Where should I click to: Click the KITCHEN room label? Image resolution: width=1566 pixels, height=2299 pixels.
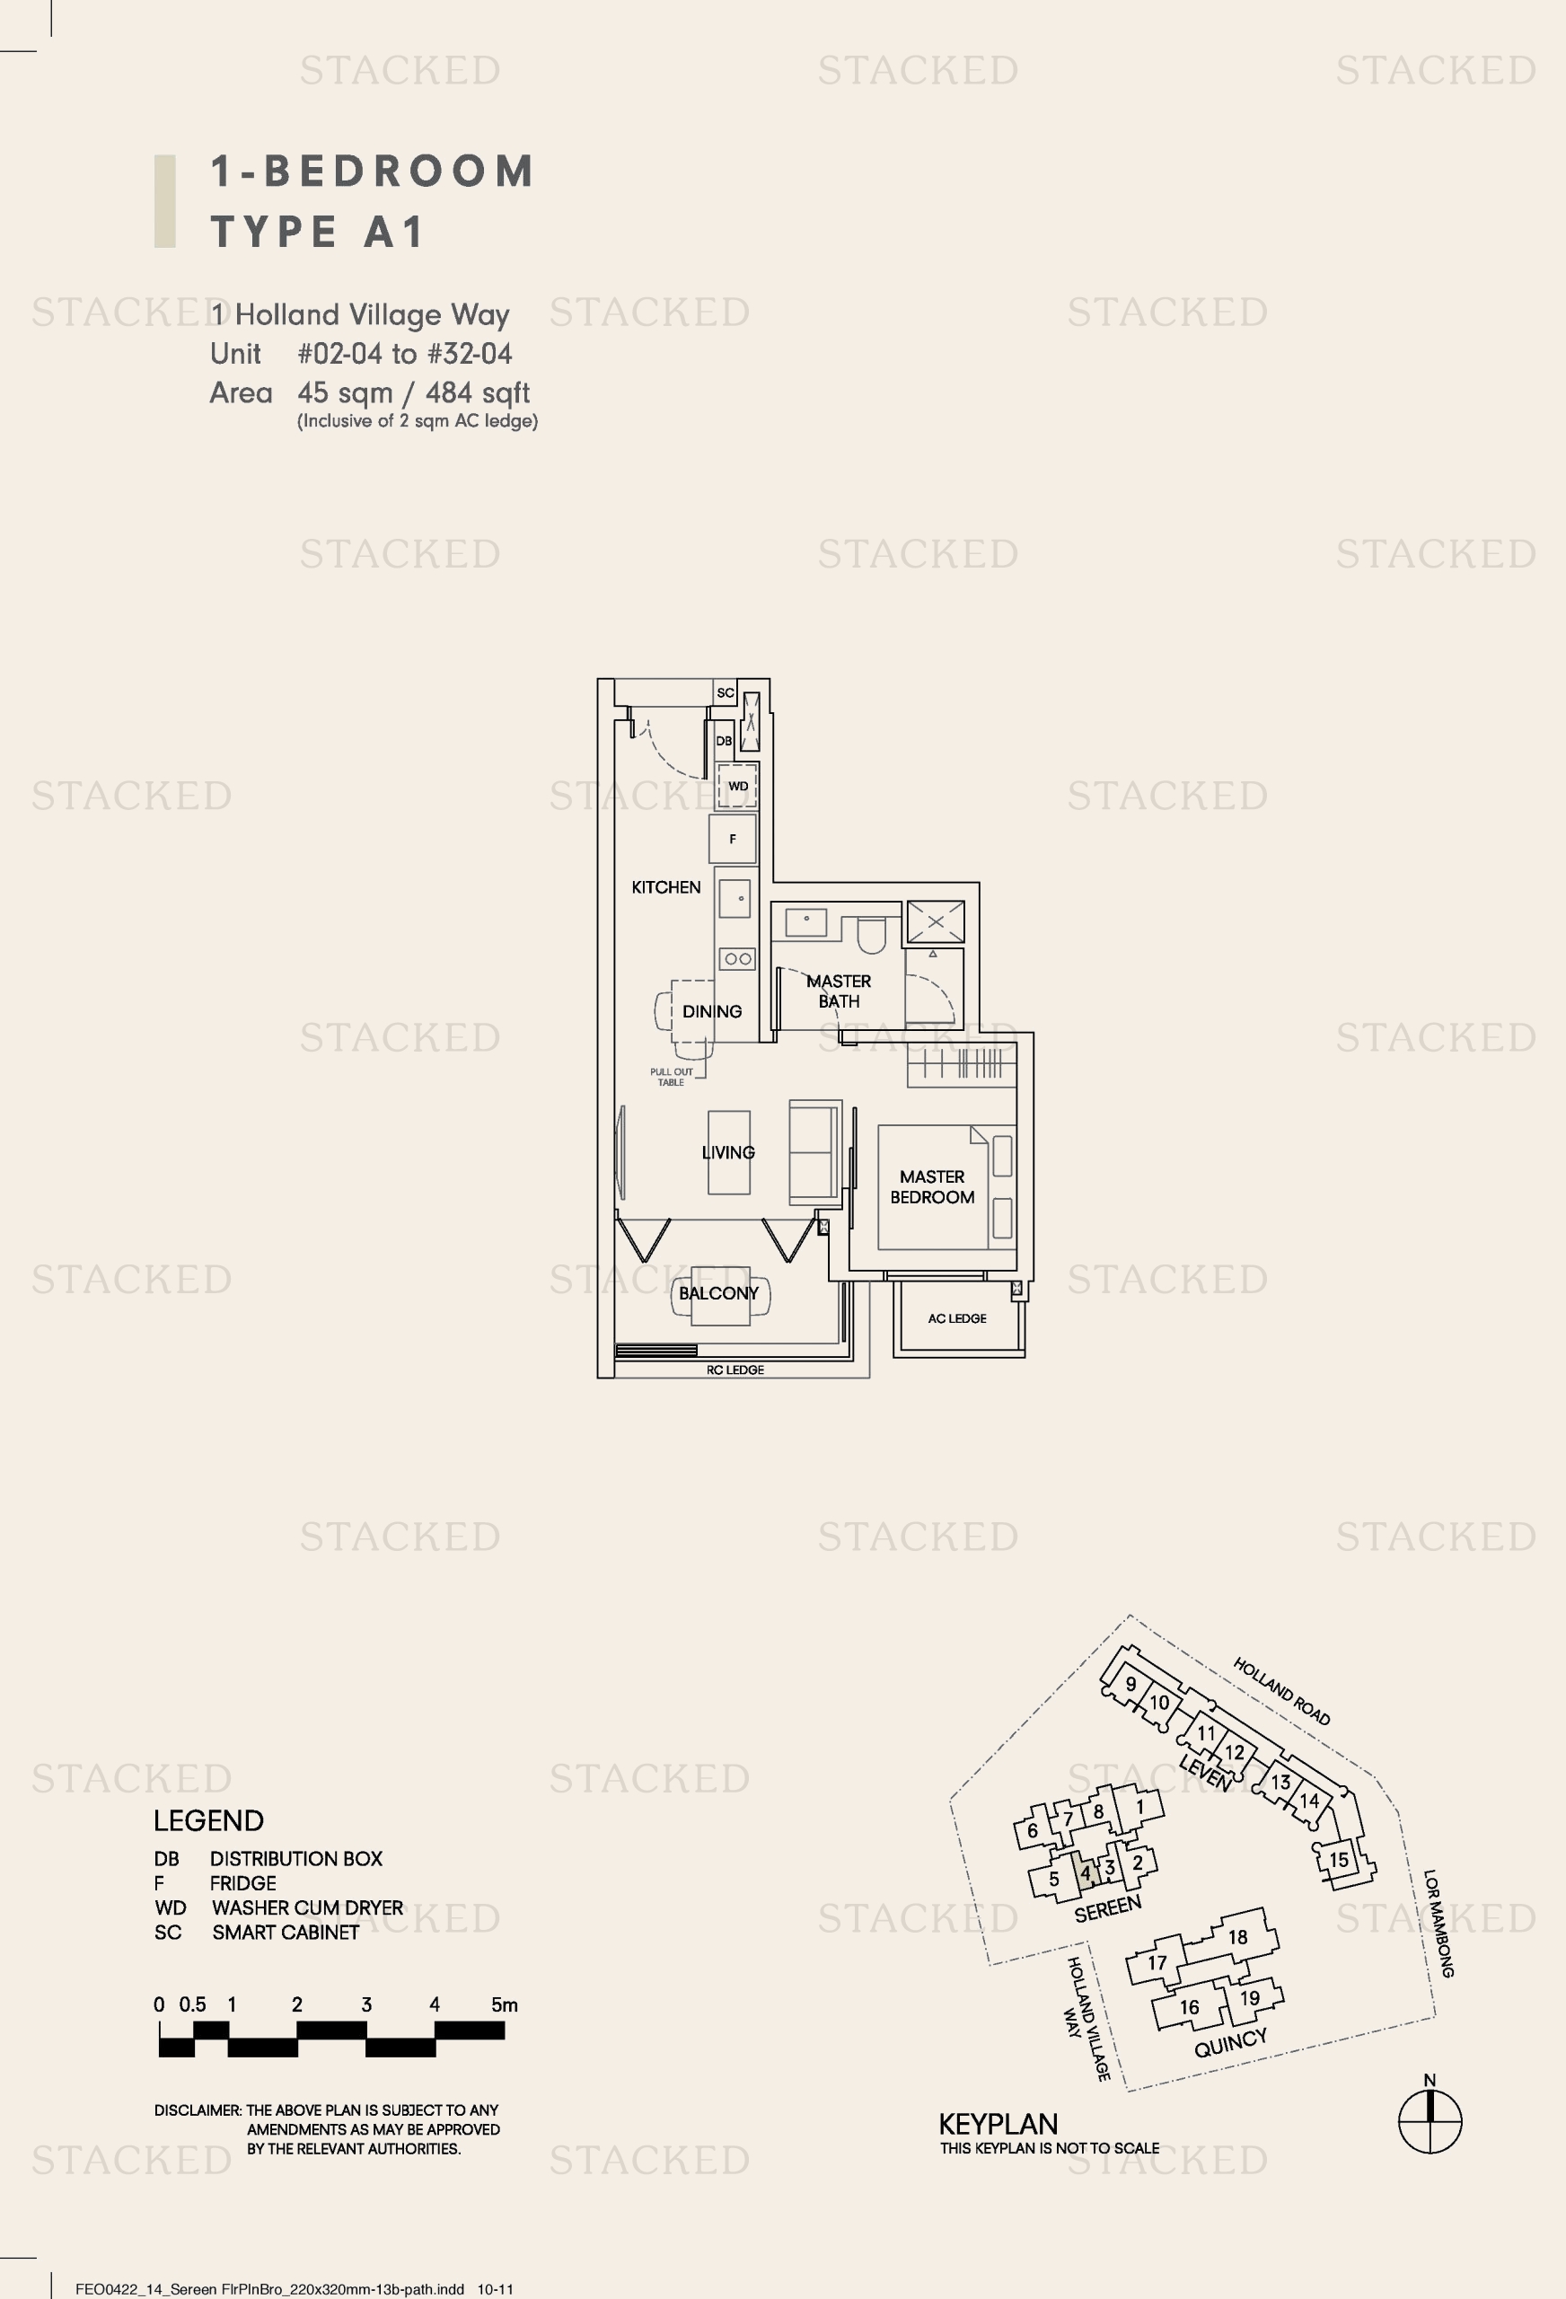click(x=665, y=887)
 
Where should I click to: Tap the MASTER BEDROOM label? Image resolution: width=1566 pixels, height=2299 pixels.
click(x=932, y=1186)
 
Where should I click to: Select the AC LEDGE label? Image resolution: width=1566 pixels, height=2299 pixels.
click(x=956, y=1318)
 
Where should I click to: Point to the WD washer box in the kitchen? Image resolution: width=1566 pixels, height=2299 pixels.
click(x=738, y=787)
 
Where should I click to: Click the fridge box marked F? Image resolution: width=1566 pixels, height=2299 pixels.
click(x=733, y=839)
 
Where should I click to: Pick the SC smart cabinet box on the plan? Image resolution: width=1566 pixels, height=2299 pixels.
click(x=726, y=692)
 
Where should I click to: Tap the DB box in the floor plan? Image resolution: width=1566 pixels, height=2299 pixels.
click(x=724, y=741)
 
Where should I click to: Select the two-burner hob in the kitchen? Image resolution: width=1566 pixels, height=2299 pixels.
click(x=738, y=958)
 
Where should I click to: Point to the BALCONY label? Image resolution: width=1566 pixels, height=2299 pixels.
click(x=718, y=1293)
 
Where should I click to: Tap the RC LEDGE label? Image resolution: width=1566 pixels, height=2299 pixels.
click(x=735, y=1370)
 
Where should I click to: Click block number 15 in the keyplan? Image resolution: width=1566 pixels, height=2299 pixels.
click(x=1339, y=1860)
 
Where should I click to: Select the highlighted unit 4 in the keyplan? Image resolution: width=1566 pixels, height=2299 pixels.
click(x=1086, y=1872)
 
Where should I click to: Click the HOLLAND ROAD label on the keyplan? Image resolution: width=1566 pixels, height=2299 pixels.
click(x=1281, y=1692)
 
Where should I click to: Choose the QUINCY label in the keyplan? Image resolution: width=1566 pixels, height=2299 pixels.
click(x=1231, y=2043)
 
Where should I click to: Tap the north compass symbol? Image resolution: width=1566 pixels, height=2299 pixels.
click(x=1430, y=2120)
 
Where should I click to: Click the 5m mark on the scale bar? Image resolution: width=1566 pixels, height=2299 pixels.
click(x=505, y=2005)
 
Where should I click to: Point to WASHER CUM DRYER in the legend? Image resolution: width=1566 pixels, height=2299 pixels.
click(x=308, y=1907)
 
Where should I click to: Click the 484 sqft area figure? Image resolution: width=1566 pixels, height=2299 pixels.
click(x=478, y=392)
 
